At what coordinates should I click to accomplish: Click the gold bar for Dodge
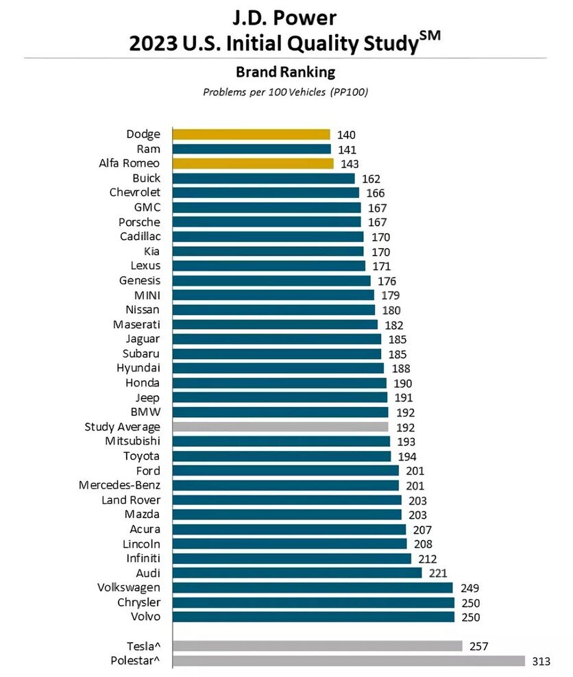pyautogui.click(x=251, y=134)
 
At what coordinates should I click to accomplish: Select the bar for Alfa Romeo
pyautogui.click(x=253, y=164)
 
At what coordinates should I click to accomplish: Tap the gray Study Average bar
pyautogui.click(x=280, y=427)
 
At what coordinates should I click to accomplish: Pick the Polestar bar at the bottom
pyautogui.click(x=349, y=661)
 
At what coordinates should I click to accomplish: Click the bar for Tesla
pyautogui.click(x=317, y=645)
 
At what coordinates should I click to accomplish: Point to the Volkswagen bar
pyautogui.click(x=313, y=587)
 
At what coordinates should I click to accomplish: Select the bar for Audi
pyautogui.click(x=297, y=573)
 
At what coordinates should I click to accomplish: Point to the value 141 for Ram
pyautogui.click(x=347, y=149)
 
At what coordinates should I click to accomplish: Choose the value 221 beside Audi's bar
pyautogui.click(x=438, y=574)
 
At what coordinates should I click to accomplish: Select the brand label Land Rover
pyautogui.click(x=131, y=500)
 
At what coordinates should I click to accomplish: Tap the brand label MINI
pyautogui.click(x=147, y=295)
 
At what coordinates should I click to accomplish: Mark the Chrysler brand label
pyautogui.click(x=139, y=602)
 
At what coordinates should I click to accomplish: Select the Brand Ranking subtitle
pyautogui.click(x=285, y=72)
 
